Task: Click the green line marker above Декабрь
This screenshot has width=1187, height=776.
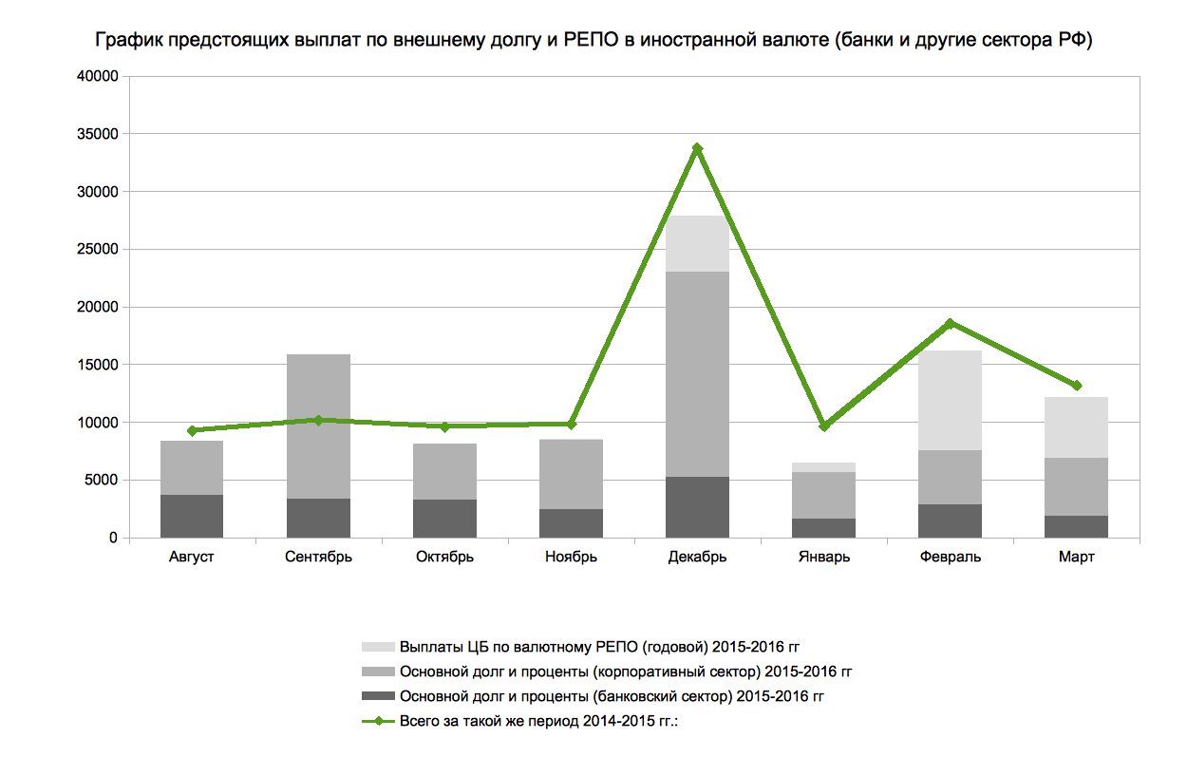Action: [697, 149]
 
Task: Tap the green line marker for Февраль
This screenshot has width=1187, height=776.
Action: [950, 323]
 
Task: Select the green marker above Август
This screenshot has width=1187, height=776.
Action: [192, 430]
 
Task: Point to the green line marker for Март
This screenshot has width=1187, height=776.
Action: [1076, 386]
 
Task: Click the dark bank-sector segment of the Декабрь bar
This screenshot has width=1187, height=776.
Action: [697, 507]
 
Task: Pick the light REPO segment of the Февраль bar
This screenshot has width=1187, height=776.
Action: [950, 400]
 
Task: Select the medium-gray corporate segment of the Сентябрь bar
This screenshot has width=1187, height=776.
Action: [318, 426]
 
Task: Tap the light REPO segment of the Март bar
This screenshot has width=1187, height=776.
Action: [1076, 427]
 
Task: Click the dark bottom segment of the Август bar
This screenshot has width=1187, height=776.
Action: [192, 516]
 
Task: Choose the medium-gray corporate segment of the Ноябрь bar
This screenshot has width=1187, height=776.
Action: [571, 474]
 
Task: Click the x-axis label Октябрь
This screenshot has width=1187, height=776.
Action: [444, 558]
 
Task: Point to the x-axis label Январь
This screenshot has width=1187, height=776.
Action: [823, 558]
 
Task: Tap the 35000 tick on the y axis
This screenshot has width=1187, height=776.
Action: [98, 134]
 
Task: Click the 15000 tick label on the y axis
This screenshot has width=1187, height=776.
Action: [98, 365]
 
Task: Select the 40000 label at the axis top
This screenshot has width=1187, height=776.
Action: [98, 77]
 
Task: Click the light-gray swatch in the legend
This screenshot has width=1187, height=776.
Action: [377, 647]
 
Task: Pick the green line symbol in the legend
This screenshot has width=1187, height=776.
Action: [377, 721]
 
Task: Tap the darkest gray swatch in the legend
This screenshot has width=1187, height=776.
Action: [377, 696]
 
